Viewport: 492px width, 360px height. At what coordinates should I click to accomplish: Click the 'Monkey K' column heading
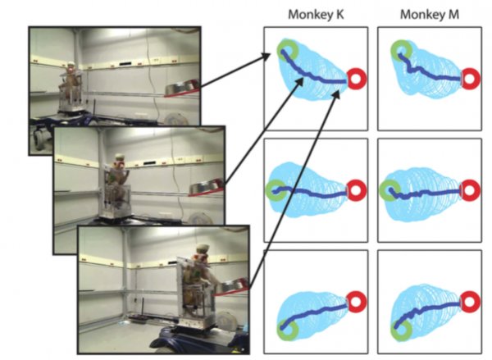(x=316, y=15)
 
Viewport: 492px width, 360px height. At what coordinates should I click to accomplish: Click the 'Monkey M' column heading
(x=429, y=15)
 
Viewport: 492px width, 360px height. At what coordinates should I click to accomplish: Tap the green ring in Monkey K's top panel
(x=287, y=50)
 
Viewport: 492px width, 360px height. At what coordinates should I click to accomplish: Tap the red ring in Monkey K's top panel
(x=357, y=78)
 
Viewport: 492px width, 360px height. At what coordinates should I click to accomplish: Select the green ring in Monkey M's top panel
(x=401, y=50)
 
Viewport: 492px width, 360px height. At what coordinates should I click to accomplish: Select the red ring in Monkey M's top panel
(x=470, y=79)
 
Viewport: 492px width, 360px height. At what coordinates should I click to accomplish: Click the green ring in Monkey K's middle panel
(x=276, y=190)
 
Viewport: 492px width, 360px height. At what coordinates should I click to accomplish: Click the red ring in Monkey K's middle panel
(x=357, y=190)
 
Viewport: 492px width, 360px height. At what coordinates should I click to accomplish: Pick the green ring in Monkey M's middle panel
(x=389, y=190)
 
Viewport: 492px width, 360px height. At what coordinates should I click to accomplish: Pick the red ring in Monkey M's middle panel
(x=470, y=190)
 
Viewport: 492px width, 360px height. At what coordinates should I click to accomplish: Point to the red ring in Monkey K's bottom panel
(x=357, y=301)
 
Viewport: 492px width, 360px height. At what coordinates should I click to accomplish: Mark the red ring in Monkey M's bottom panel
(x=470, y=301)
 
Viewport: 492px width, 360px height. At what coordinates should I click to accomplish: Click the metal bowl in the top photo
(x=182, y=87)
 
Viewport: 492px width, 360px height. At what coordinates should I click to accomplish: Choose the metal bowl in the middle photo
(x=206, y=187)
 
